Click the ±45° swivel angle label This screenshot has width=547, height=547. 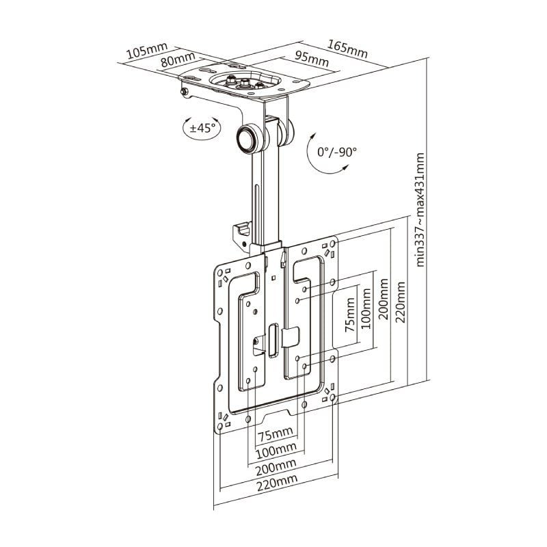pyautogui.click(x=203, y=126)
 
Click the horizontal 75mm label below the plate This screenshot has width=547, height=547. pyautogui.click(x=276, y=434)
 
